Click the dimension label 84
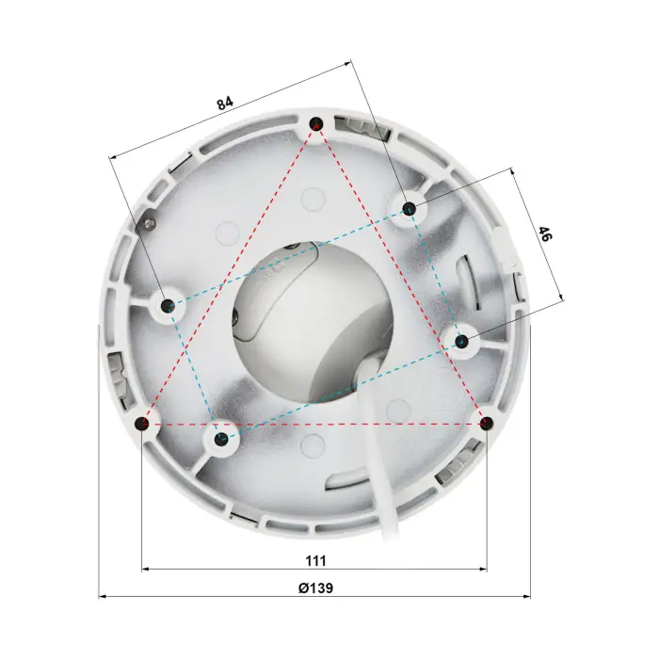point(225,103)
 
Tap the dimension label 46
point(545,233)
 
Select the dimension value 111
point(315,561)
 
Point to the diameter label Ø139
point(315,587)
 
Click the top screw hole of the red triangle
point(316,123)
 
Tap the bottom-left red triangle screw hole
point(142,423)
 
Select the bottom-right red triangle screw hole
point(487,423)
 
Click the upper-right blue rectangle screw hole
point(409,208)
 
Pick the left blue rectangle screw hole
point(169,305)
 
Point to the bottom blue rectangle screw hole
point(220,440)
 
